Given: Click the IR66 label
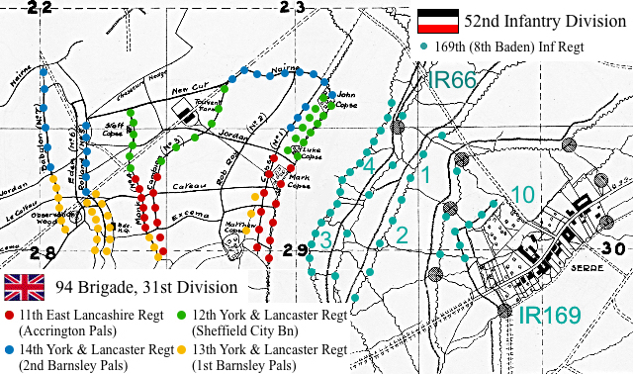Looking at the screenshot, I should [x=451, y=82].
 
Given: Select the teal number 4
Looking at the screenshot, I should [x=368, y=165].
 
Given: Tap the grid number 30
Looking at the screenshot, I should [x=612, y=248].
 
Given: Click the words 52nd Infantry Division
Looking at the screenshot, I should [x=535, y=20].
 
